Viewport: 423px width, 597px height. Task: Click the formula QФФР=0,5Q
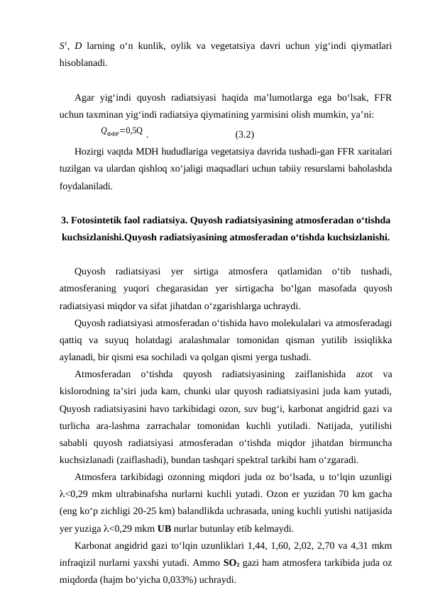(x=123, y=131)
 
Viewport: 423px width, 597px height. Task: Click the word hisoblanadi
(x=83, y=62)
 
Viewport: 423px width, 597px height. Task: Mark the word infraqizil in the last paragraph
(x=78, y=564)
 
